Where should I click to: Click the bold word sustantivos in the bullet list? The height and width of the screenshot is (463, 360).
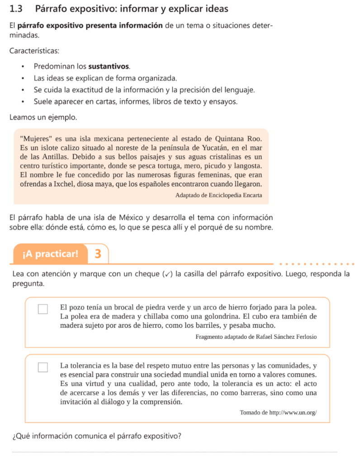pos(109,66)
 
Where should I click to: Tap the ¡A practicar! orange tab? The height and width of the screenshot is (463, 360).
pos(50,254)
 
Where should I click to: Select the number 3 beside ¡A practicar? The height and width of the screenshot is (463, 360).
pos(98,254)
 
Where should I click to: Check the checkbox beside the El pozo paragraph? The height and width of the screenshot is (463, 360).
pos(43,309)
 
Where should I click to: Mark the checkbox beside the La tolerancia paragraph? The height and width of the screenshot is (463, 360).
pos(43,367)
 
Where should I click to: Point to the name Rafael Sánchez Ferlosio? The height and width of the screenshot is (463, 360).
pos(286,337)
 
